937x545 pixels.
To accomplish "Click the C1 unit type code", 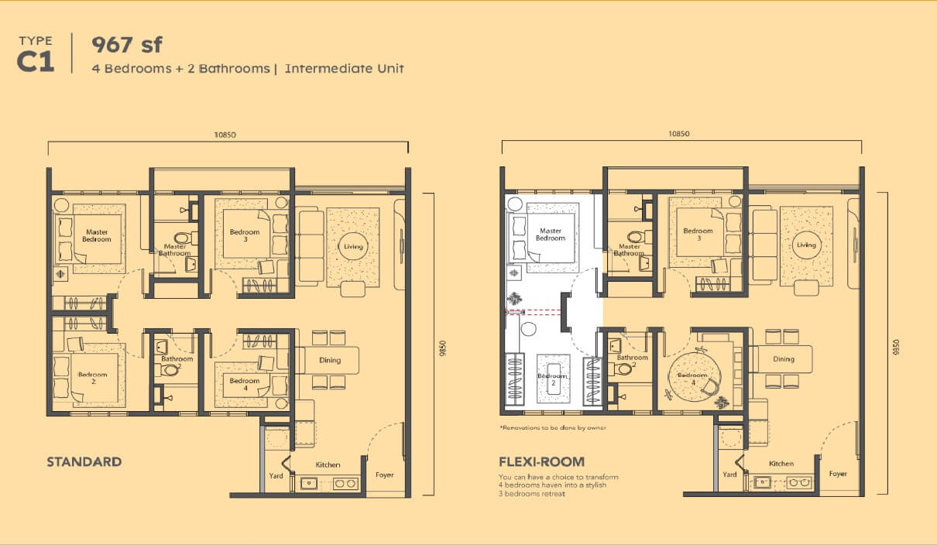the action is click(36, 63).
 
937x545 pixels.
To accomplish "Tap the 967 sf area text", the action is click(127, 45).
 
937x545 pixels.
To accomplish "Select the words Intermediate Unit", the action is click(345, 69).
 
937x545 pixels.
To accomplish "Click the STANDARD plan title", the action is click(84, 461).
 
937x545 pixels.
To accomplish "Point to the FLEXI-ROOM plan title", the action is click(542, 461).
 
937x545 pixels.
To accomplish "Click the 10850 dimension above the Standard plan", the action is click(225, 135).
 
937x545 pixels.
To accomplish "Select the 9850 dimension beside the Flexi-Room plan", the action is click(896, 347).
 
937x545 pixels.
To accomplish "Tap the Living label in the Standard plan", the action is click(353, 246).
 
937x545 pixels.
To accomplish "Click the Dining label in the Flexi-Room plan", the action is click(784, 359).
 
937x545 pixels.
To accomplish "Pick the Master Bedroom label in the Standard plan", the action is click(97, 235).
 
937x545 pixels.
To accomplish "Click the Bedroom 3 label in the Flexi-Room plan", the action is click(698, 235).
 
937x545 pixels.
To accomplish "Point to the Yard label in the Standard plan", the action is click(276, 475).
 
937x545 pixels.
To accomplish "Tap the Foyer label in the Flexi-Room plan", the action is click(838, 474).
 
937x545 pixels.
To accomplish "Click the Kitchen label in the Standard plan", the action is click(328, 464).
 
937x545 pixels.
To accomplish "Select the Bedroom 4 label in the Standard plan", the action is click(244, 384).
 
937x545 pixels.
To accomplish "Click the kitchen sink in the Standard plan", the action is click(309, 484).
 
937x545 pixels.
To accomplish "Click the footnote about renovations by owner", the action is click(553, 428).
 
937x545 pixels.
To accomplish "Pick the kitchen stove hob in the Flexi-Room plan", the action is click(799, 482).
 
